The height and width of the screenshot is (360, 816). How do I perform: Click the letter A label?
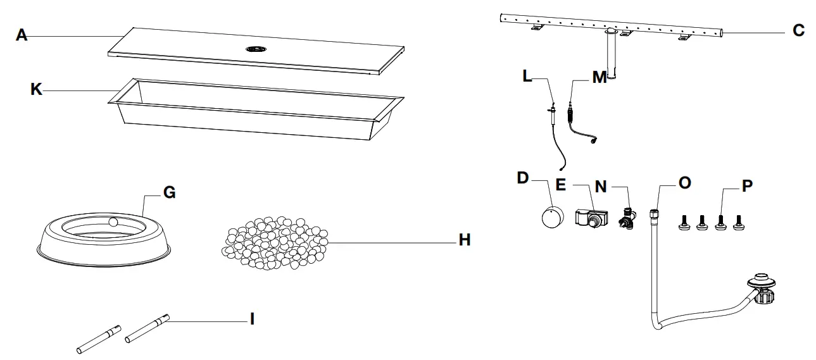pos(22,36)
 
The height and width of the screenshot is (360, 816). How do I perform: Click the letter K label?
pos(37,90)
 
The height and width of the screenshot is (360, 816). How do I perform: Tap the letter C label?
pos(798,30)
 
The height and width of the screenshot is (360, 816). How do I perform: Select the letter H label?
pos(464,240)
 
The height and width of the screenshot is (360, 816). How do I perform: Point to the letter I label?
pos(252,320)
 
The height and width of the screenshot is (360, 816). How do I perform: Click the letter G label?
pos(169,193)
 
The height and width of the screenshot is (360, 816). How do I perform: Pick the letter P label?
pos(746,187)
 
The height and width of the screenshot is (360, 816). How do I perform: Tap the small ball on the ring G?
pos(113,222)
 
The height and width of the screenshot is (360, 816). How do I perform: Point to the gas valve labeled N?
pos(629,216)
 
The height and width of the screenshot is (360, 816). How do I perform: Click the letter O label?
pos(684,183)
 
